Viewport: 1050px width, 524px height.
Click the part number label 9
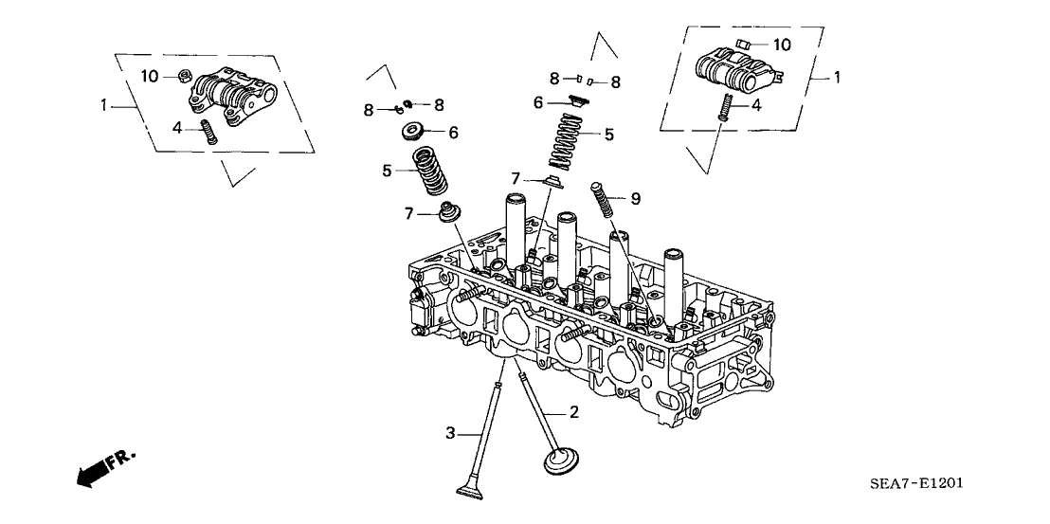[636, 198]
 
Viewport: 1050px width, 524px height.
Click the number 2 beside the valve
[573, 412]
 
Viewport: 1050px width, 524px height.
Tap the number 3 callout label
[451, 433]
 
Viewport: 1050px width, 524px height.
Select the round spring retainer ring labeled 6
[414, 130]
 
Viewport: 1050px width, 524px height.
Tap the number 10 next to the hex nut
[150, 75]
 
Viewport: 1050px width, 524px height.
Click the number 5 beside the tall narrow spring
[608, 135]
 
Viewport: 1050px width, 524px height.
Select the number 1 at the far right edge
[836, 76]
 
